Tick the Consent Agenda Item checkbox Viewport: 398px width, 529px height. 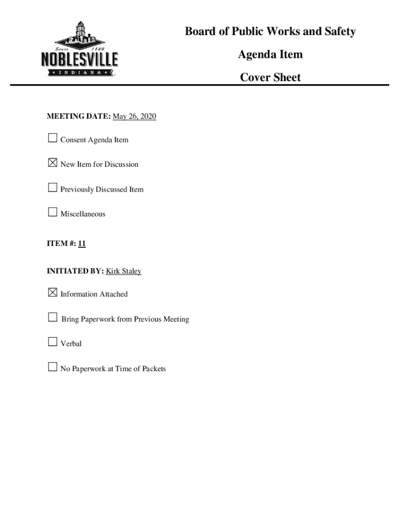(x=52, y=138)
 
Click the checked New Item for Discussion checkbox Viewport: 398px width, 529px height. (x=52, y=163)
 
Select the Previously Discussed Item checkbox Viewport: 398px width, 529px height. (x=52, y=188)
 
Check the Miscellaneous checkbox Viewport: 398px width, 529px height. (x=52, y=212)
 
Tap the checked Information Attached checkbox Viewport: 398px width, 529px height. (x=52, y=293)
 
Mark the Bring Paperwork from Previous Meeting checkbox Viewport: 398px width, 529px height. (x=52, y=318)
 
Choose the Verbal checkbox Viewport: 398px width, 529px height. (x=52, y=342)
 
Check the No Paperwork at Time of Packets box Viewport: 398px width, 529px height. (x=52, y=367)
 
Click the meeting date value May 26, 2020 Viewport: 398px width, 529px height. (x=134, y=117)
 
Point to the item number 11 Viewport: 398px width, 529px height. (x=82, y=243)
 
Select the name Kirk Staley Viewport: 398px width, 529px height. (x=124, y=271)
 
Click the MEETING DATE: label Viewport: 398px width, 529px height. (x=79, y=117)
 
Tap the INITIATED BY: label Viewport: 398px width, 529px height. (x=75, y=271)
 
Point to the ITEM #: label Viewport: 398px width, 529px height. (x=61, y=243)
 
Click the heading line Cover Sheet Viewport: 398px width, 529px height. (x=270, y=77)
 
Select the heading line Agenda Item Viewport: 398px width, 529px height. (x=270, y=54)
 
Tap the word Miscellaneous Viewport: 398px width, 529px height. (x=83, y=214)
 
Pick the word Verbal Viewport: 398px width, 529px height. (x=71, y=344)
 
